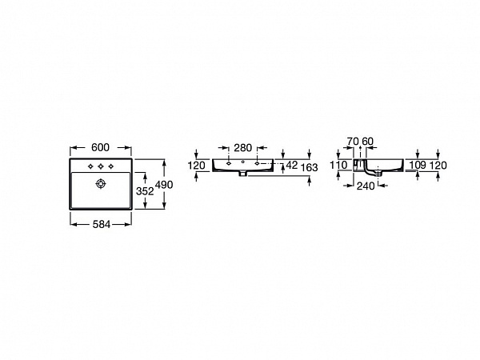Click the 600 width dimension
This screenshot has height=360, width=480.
point(100,147)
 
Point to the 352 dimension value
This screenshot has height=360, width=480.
point(144,191)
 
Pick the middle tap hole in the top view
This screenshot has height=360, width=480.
point(100,166)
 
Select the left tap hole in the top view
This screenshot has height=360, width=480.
point(90,166)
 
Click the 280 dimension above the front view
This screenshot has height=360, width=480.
point(243,147)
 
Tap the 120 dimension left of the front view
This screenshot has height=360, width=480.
point(196,165)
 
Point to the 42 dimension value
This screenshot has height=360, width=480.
point(291,165)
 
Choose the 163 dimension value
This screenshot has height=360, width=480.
point(309,166)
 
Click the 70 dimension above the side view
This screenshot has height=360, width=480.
point(352,142)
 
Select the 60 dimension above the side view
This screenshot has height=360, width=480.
point(368,142)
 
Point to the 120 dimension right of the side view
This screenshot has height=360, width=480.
point(438,165)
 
